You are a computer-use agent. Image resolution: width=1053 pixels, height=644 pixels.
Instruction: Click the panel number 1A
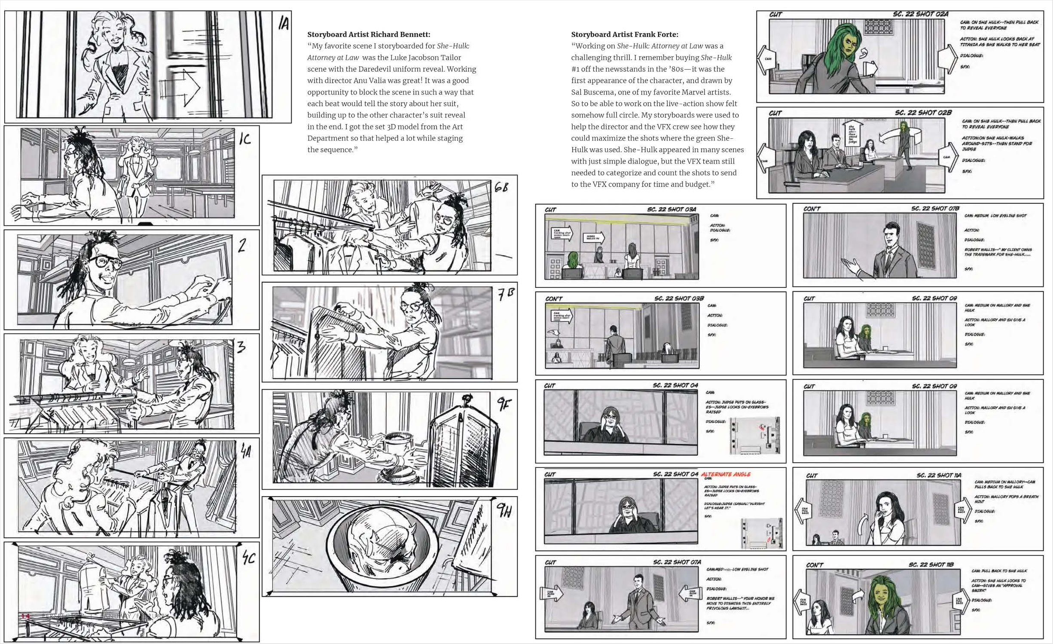pyautogui.click(x=283, y=23)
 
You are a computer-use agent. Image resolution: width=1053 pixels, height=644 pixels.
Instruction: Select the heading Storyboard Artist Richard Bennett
pyautogui.click(x=368, y=34)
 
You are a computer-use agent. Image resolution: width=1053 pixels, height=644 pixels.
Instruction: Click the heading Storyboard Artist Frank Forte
pyautogui.click(x=624, y=34)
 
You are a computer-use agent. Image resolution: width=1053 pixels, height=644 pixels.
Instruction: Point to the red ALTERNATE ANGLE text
pyautogui.click(x=726, y=474)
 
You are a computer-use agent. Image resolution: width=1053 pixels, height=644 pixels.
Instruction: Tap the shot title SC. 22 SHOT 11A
pyautogui.click(x=938, y=475)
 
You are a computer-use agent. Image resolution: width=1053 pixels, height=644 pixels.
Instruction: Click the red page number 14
pyautogui.click(x=25, y=617)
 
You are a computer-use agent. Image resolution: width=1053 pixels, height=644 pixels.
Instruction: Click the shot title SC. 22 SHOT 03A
pyautogui.click(x=671, y=209)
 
